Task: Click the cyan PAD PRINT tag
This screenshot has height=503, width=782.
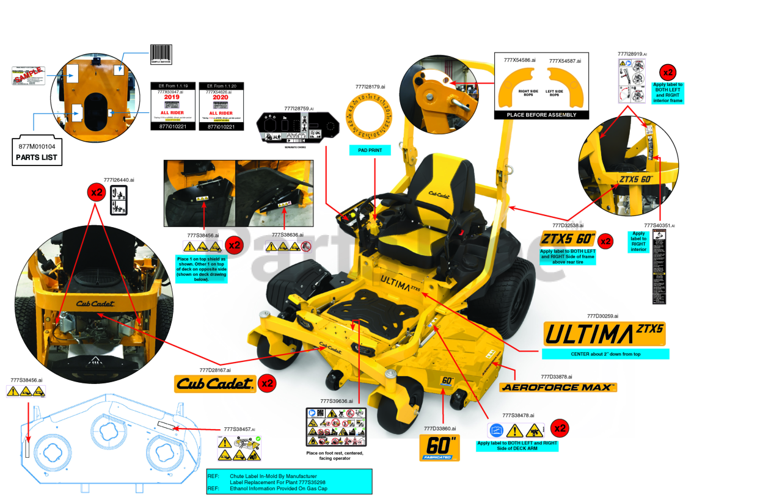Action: click(370, 150)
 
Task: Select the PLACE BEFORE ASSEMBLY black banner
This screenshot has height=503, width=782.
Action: click(541, 115)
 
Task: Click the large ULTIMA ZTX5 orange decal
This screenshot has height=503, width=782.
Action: click(604, 334)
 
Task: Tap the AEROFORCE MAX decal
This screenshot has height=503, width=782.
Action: click(558, 387)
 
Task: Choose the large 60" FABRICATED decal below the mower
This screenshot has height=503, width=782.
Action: click(439, 448)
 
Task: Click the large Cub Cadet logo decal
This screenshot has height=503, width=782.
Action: click(214, 383)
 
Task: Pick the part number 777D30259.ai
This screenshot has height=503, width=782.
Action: click(602, 316)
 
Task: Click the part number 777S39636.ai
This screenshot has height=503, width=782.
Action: click(337, 401)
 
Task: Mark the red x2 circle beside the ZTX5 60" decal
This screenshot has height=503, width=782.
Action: click(605, 241)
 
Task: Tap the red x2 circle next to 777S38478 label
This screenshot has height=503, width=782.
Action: click(560, 428)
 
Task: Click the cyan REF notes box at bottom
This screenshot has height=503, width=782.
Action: click(289, 481)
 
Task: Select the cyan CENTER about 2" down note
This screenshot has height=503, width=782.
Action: click(605, 354)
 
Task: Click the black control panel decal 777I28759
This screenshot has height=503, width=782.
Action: click(298, 126)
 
